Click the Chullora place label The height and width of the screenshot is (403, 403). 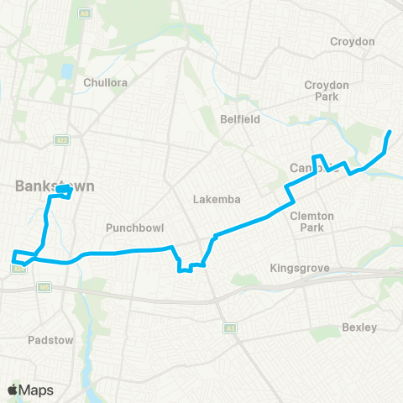tap(106, 82)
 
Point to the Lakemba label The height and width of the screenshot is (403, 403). tap(217, 199)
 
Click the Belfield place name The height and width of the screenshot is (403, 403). tap(240, 119)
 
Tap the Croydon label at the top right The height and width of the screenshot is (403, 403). tap(353, 41)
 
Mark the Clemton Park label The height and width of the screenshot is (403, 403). tap(312, 222)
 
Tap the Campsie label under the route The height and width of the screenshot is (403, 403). tap(312, 168)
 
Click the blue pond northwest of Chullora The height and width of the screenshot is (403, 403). tap(65, 71)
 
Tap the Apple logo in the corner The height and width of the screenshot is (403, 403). tap(13, 390)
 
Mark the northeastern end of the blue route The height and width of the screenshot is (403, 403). tap(390, 132)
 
